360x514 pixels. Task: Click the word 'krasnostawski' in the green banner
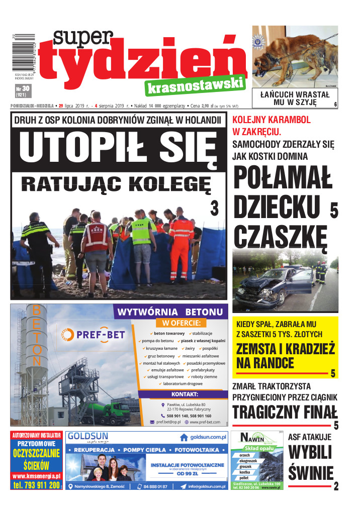point(195,86)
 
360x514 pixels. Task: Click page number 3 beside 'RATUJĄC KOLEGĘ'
point(214,208)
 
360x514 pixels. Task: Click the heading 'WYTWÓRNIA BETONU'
point(169,312)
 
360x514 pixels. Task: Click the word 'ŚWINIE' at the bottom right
point(311,473)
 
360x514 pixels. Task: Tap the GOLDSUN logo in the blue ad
point(90,436)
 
